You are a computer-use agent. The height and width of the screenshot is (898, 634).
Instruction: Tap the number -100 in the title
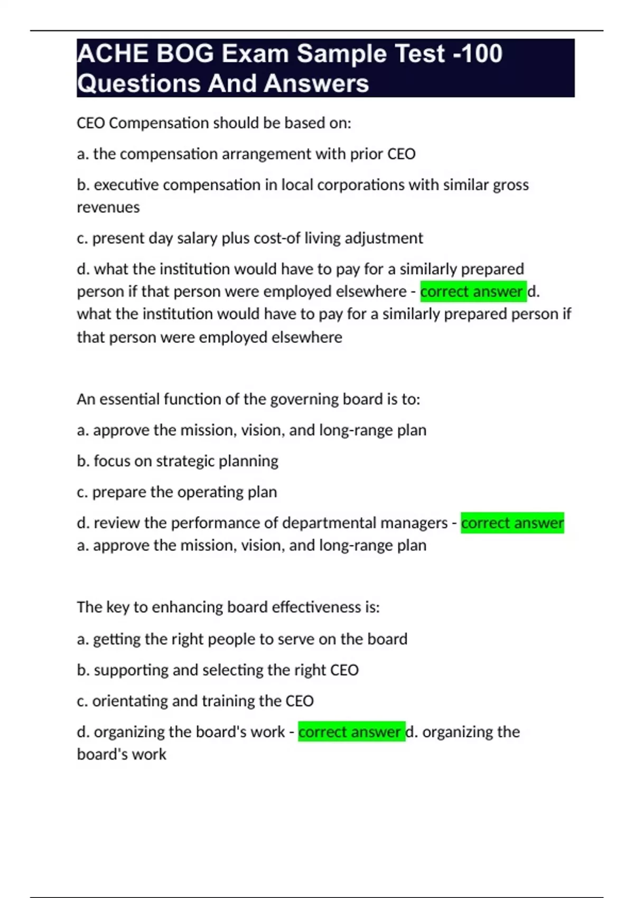tap(478, 54)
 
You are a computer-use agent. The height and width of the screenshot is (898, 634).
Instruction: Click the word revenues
tap(108, 207)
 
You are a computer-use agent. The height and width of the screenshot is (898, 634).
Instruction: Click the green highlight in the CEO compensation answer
tap(473, 292)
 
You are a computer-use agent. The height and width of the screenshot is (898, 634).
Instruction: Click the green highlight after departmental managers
tap(512, 523)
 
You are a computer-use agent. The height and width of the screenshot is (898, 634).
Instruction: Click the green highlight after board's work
tap(351, 732)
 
